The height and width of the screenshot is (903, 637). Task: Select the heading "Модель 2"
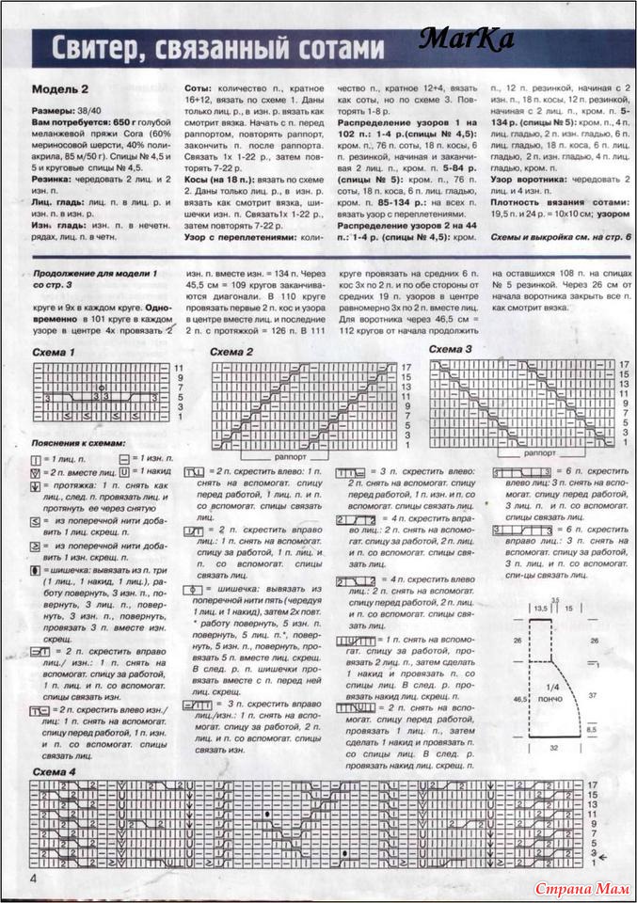(59, 90)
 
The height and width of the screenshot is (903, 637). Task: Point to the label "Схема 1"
(55, 352)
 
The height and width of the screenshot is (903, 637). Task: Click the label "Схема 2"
(231, 352)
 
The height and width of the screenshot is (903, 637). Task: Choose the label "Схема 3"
(451, 349)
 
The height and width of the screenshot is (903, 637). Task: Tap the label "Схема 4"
(55, 771)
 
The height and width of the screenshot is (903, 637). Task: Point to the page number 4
(35, 878)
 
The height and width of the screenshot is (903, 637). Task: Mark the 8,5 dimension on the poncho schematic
(591, 729)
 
